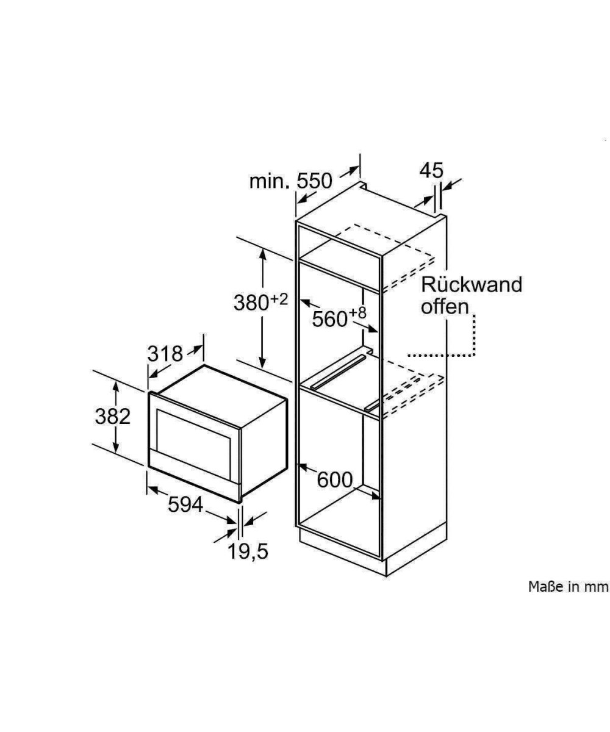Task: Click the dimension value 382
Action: click(x=113, y=416)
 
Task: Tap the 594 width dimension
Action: click(x=185, y=504)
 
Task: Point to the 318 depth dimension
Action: click(x=165, y=353)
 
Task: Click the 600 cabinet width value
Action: click(x=335, y=480)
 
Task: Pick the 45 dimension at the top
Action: click(x=431, y=171)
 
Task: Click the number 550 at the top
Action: click(x=315, y=181)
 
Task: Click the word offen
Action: click(x=444, y=306)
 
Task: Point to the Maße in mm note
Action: click(x=568, y=586)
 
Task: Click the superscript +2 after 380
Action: click(x=279, y=298)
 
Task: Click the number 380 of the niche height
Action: click(x=251, y=303)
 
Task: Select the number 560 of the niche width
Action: click(x=329, y=318)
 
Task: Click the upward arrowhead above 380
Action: click(x=263, y=253)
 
